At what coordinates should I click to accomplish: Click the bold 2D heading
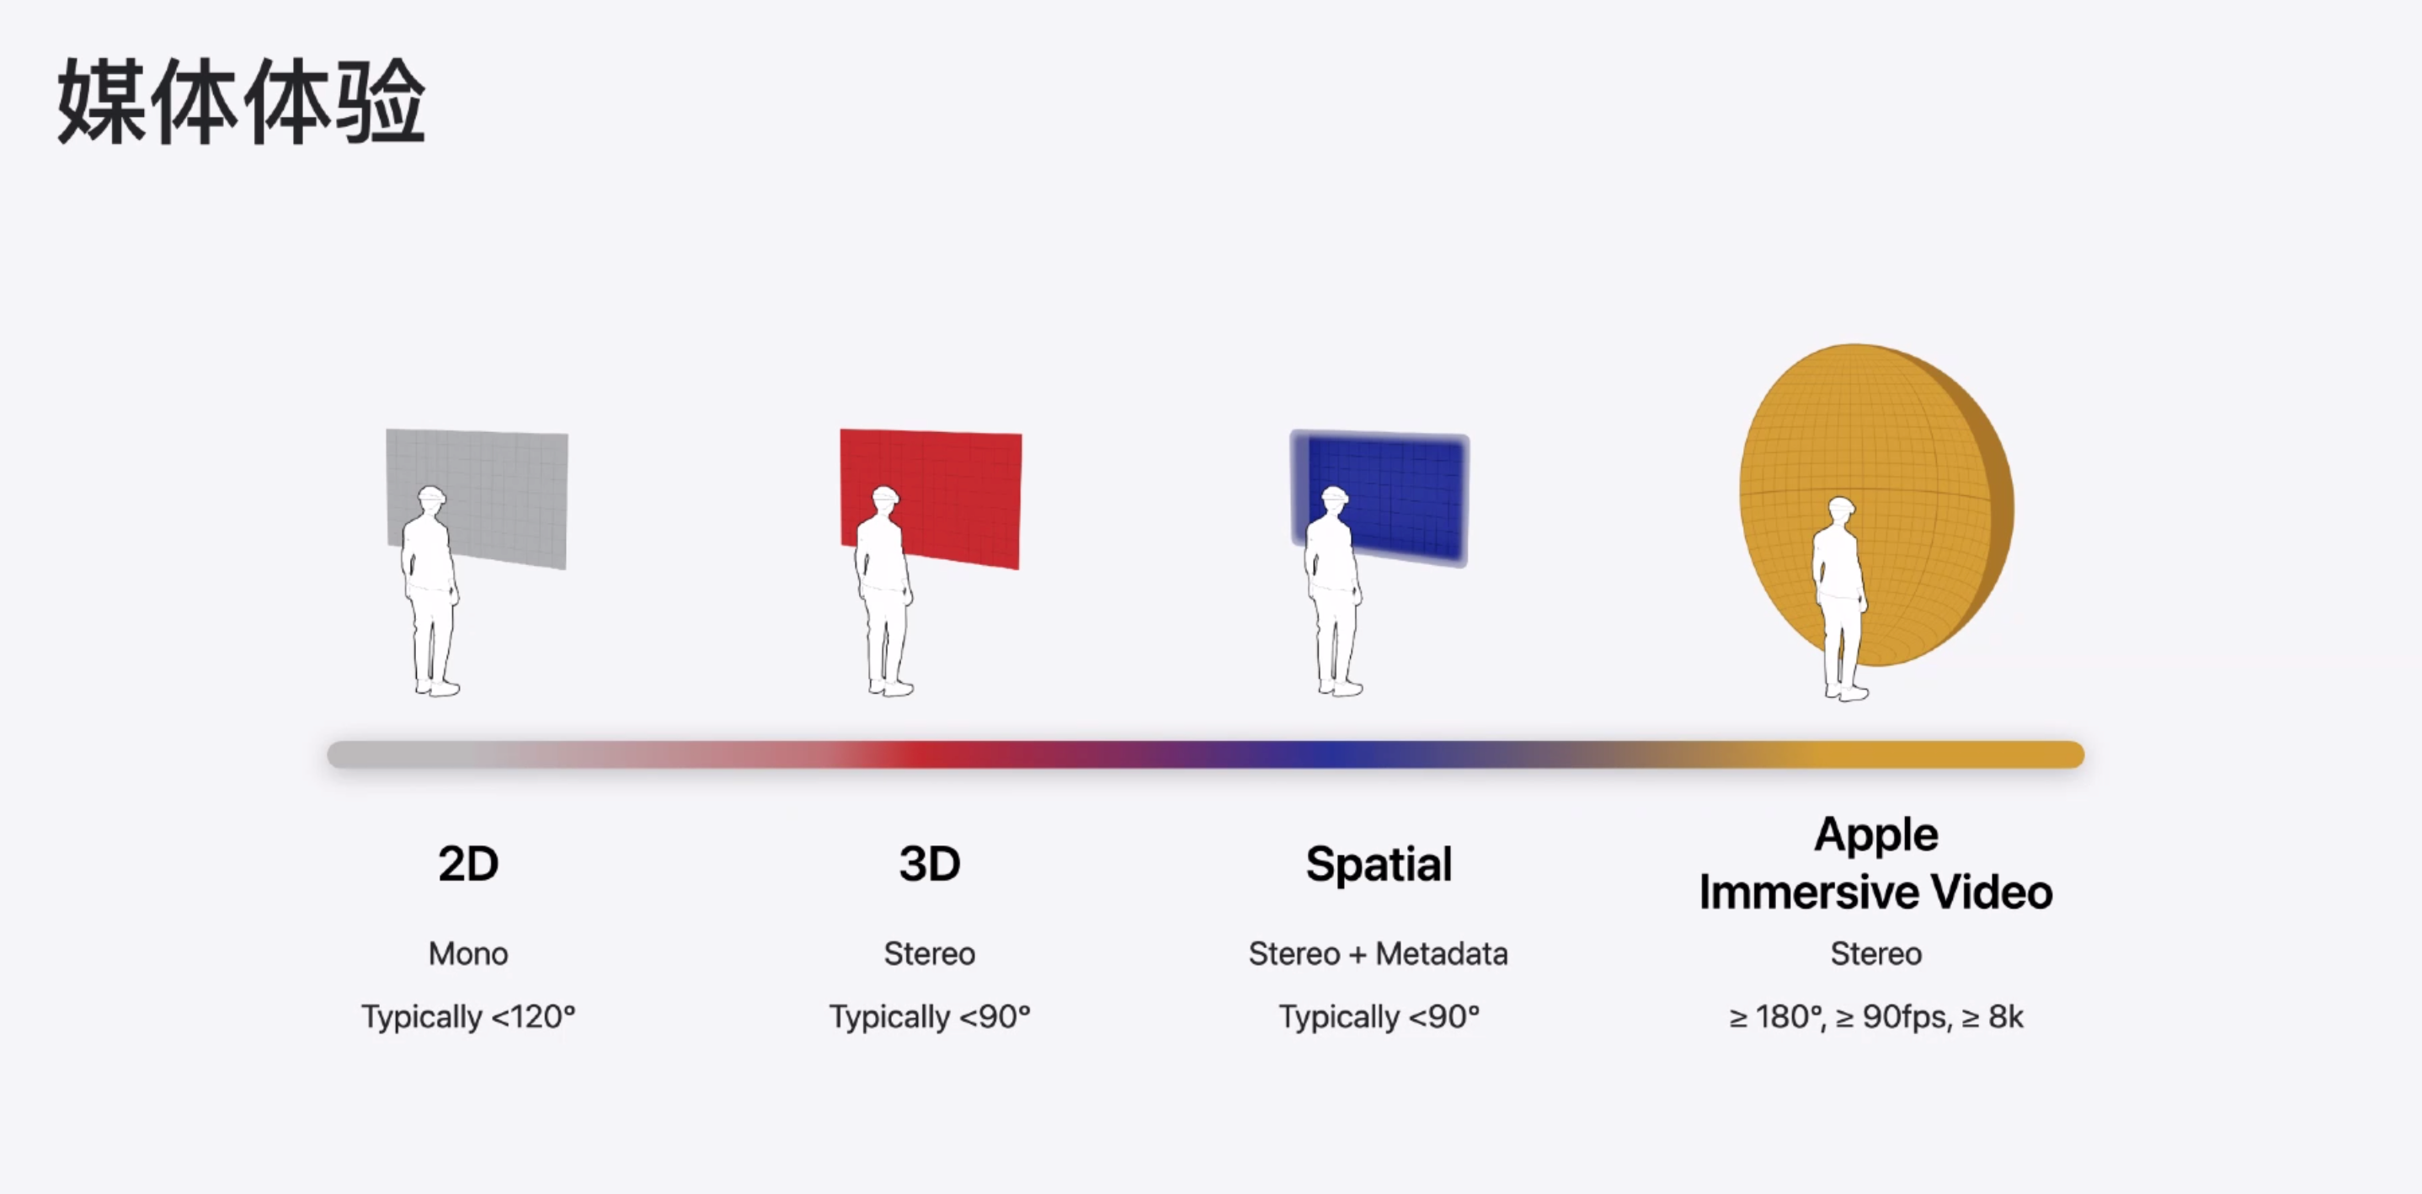(x=468, y=863)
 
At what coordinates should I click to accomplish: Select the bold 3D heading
(x=930, y=863)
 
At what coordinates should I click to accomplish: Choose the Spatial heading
(x=1379, y=865)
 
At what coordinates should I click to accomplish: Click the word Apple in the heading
(x=1875, y=834)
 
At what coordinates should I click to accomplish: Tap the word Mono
(x=468, y=953)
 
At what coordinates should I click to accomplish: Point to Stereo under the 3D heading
(x=930, y=953)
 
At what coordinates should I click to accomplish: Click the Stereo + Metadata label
(x=1379, y=953)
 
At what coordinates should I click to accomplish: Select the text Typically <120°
(x=468, y=1016)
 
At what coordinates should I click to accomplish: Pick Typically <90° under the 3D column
(x=930, y=1016)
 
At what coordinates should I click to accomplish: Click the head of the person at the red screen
(x=885, y=498)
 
